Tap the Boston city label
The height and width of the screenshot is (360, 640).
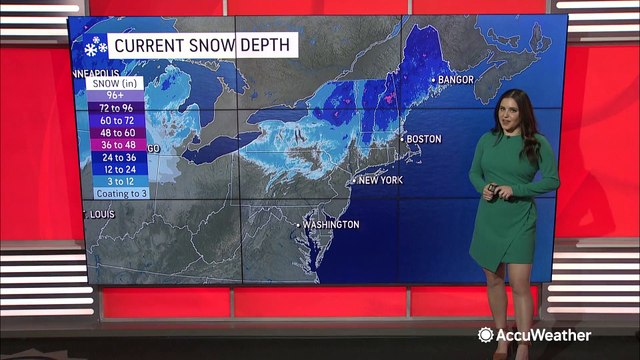pyautogui.click(x=423, y=138)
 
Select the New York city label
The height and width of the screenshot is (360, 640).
pyautogui.click(x=380, y=180)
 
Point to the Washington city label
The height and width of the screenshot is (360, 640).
pyautogui.click(x=331, y=225)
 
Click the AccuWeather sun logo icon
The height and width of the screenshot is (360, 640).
pyautogui.click(x=486, y=335)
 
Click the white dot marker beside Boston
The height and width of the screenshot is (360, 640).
pyautogui.click(x=402, y=138)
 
